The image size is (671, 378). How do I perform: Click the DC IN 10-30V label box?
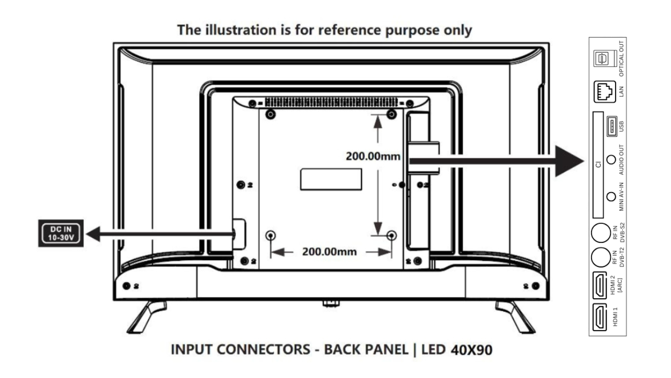point(61,233)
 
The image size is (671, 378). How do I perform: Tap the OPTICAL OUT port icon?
point(602,58)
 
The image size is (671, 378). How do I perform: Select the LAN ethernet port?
point(604,92)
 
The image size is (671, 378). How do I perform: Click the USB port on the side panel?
point(611,126)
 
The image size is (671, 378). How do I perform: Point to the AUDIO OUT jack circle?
point(611,159)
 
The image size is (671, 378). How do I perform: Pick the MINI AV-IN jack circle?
point(611,196)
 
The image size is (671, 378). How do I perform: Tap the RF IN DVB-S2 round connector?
point(601,233)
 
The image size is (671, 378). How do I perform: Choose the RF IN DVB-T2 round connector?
point(601,258)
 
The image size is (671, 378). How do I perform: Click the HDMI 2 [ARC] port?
point(599,285)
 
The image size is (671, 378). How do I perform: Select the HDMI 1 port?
point(599,317)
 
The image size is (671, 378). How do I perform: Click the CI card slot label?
point(598,164)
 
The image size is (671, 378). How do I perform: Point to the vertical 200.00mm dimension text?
point(373,156)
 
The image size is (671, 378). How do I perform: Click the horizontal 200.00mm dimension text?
point(329,252)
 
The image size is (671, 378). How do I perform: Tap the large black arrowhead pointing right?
point(569,161)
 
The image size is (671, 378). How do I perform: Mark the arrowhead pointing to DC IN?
point(93,233)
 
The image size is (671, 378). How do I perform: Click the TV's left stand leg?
point(146,317)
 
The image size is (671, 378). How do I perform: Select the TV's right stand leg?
point(516,317)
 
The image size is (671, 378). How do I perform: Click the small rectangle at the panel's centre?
point(331,179)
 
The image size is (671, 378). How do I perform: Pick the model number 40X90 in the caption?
point(471,350)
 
